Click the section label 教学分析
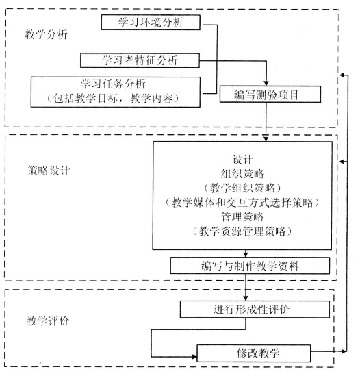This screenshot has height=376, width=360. point(46,34)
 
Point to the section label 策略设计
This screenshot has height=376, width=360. point(49,171)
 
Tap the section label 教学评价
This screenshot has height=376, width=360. point(48,321)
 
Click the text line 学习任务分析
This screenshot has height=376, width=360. point(113,84)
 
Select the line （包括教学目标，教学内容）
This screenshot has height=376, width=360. point(113,99)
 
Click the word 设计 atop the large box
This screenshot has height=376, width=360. point(242,160)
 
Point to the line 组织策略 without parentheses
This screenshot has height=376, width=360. point(242,173)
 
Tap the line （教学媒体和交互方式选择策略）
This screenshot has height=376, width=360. point(242,203)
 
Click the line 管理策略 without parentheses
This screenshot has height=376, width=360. point(242,217)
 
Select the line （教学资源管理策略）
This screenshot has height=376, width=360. point(242,231)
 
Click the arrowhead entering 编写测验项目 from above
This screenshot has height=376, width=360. point(266,84)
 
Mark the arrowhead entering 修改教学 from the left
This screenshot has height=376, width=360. point(194,357)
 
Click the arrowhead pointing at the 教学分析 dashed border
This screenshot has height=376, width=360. point(342,75)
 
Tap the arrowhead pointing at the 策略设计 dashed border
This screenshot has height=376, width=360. point(342,162)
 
